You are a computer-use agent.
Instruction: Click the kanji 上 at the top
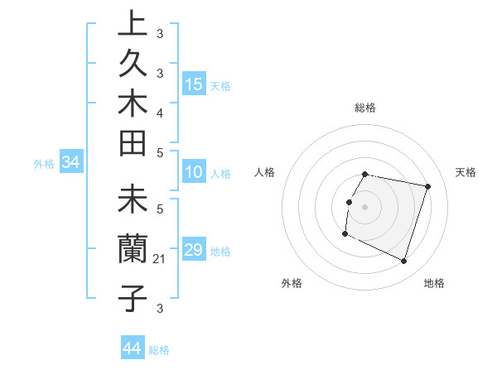(133, 23)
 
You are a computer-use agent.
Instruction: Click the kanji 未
(133, 203)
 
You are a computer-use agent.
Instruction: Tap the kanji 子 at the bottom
(133, 298)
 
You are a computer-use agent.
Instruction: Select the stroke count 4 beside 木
(160, 112)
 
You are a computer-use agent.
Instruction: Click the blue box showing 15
(194, 84)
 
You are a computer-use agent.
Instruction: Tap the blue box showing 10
(194, 173)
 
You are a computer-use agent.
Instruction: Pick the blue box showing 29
(194, 251)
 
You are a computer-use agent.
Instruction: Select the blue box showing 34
(70, 163)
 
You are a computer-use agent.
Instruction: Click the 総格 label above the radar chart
(365, 108)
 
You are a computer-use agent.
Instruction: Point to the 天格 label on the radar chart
(466, 172)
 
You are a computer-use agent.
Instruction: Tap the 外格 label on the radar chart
(292, 283)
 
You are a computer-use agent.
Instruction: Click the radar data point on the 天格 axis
(427, 187)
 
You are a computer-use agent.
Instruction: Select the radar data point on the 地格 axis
(403, 262)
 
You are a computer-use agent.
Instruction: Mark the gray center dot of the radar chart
(365, 207)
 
